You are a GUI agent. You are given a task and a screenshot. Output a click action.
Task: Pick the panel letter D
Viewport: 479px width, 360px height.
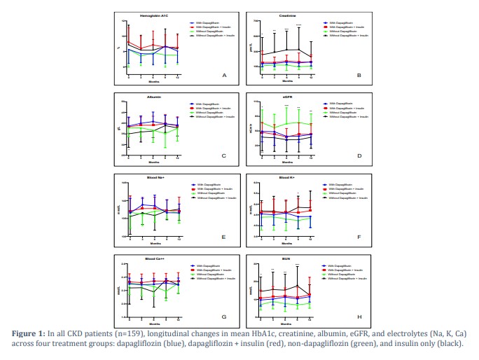pos(359,155)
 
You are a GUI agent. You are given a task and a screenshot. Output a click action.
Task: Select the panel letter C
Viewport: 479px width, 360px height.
pos(223,155)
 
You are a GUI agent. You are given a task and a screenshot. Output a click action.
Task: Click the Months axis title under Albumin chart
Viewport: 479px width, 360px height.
pos(153,162)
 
